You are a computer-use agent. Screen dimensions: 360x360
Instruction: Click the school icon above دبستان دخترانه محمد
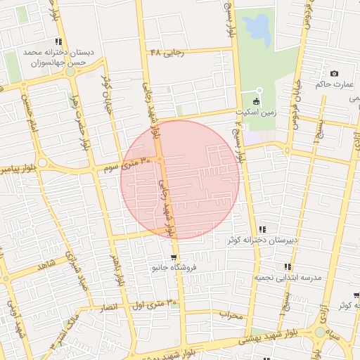58,41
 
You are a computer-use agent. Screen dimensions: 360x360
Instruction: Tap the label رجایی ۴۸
165,53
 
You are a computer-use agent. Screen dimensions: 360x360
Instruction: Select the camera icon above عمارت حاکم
333,74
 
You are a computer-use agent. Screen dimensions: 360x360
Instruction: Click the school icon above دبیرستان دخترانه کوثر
262,229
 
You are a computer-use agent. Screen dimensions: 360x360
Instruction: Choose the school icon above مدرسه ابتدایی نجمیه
288,266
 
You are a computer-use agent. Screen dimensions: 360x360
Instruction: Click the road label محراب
230,314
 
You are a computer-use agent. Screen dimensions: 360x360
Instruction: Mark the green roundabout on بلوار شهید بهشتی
320,332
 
